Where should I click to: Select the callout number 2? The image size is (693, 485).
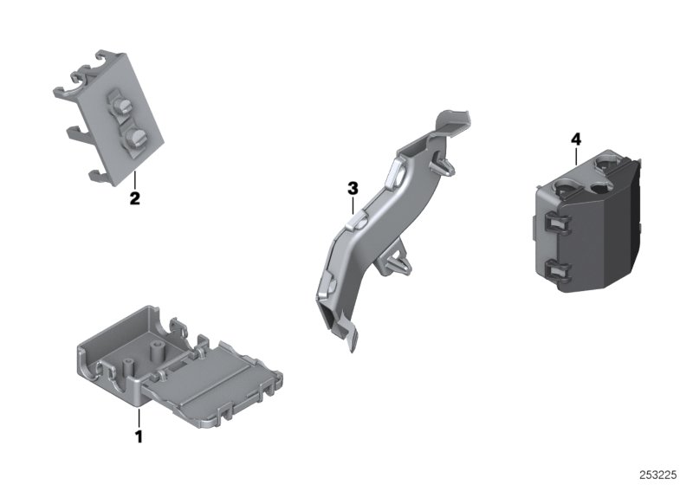point(134,198)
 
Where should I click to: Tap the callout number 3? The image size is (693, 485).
point(352,187)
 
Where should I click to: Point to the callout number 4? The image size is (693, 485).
point(575,139)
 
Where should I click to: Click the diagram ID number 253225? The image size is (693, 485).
point(663,474)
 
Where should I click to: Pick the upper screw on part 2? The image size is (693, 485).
point(121,107)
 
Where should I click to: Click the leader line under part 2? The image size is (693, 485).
point(134,181)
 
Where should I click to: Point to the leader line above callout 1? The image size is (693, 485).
point(138,415)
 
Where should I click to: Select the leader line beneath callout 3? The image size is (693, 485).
point(352,204)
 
